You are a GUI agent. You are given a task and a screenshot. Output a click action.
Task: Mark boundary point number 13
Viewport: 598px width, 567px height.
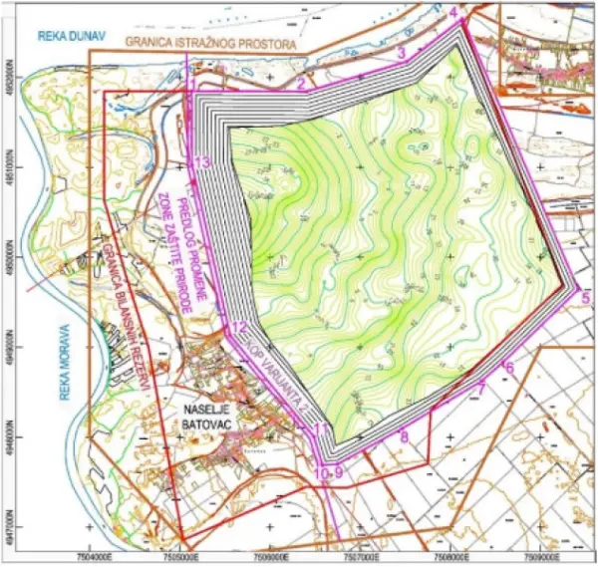click(203, 162)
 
